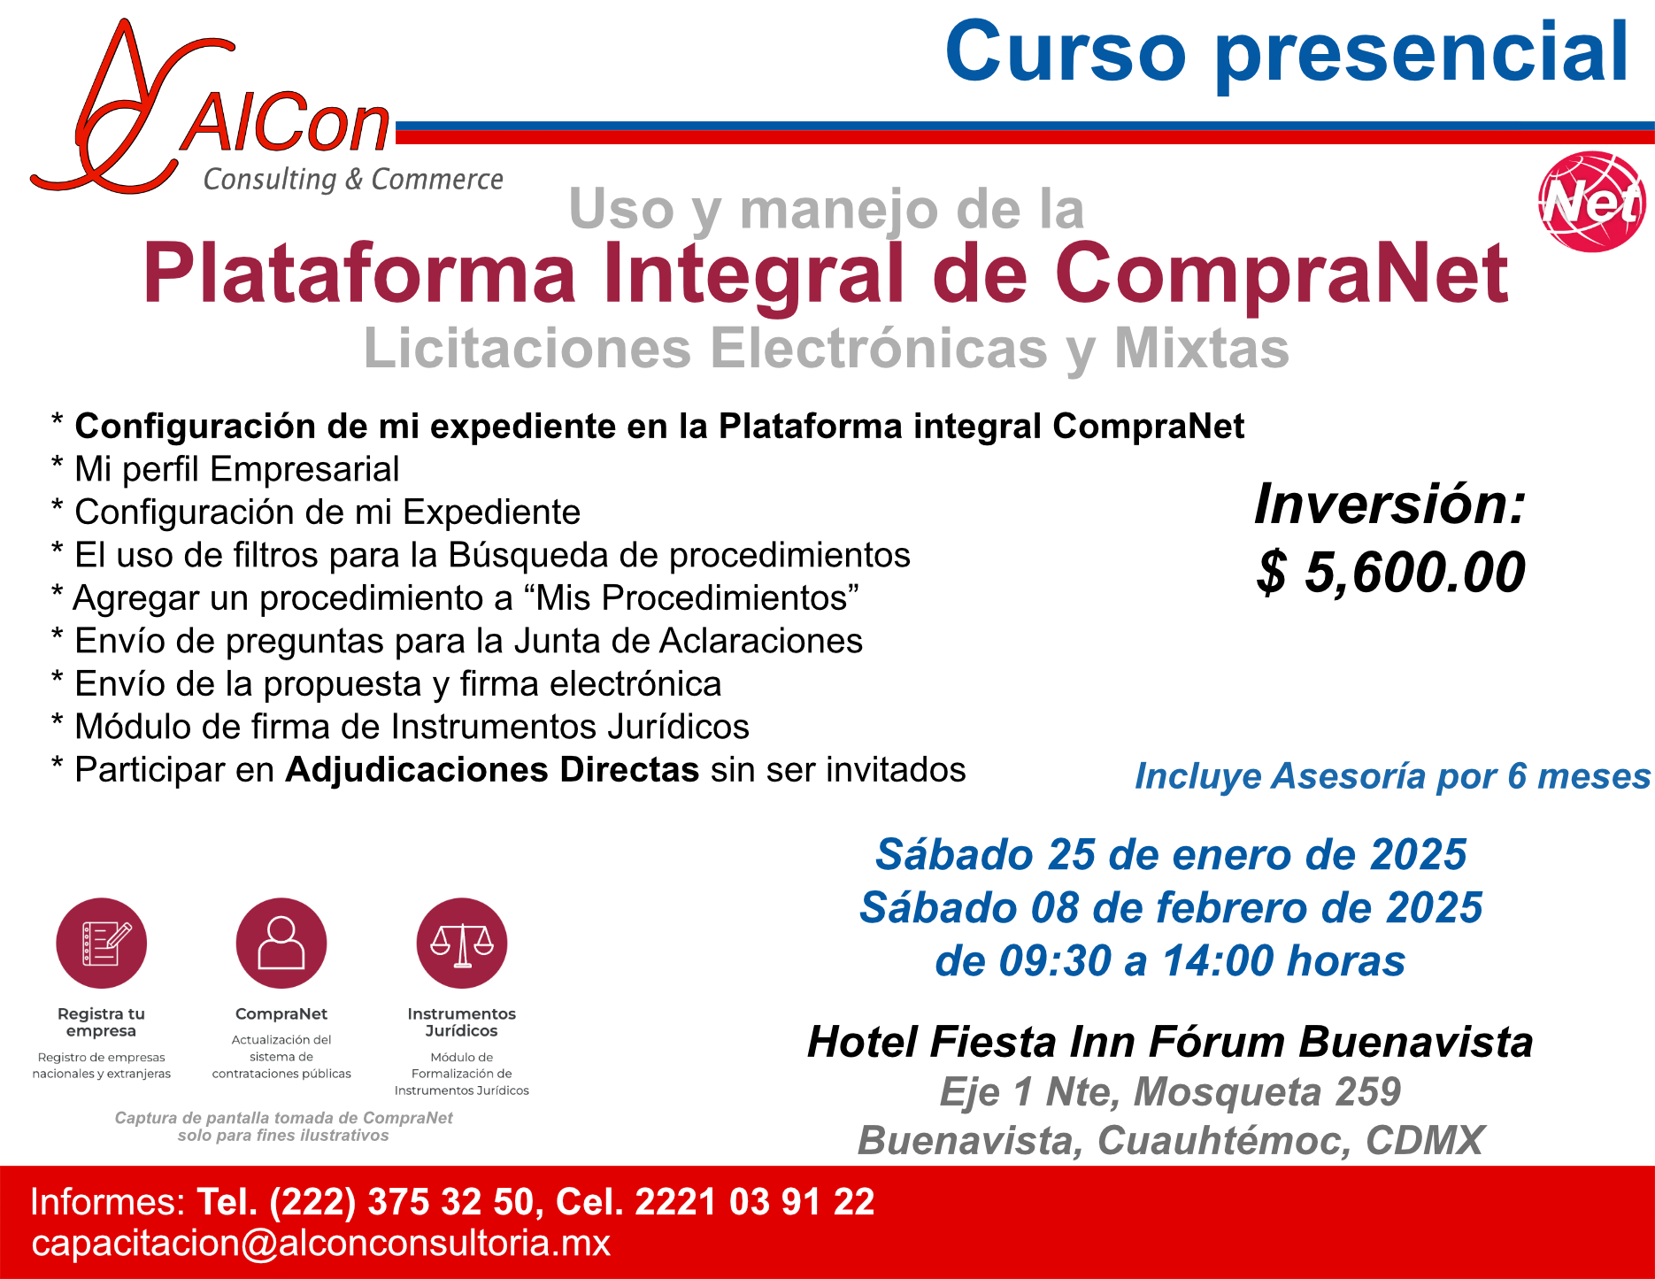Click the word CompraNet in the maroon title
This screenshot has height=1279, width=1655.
click(1282, 274)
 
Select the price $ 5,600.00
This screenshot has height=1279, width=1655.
click(1390, 572)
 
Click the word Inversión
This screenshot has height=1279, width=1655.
click(1390, 504)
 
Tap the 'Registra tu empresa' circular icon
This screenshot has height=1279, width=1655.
click(102, 944)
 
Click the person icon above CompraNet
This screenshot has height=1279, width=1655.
click(281, 944)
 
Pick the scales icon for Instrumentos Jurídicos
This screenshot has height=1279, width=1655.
click(462, 944)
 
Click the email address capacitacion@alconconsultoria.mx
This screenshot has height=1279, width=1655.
click(321, 1244)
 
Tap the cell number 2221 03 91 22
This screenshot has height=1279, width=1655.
click(755, 1202)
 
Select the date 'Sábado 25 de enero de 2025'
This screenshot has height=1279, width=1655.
click(1171, 855)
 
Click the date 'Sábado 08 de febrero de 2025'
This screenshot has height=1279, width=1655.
click(1171, 908)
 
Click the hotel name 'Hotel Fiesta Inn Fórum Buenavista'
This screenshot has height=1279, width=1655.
click(1170, 1042)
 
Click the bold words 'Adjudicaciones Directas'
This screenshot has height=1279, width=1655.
click(492, 770)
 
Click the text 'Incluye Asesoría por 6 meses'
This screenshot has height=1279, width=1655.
click(1393, 776)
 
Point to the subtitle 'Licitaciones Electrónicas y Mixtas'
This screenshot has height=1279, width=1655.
click(827, 349)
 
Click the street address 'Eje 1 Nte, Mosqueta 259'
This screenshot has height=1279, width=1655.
click(1170, 1091)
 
